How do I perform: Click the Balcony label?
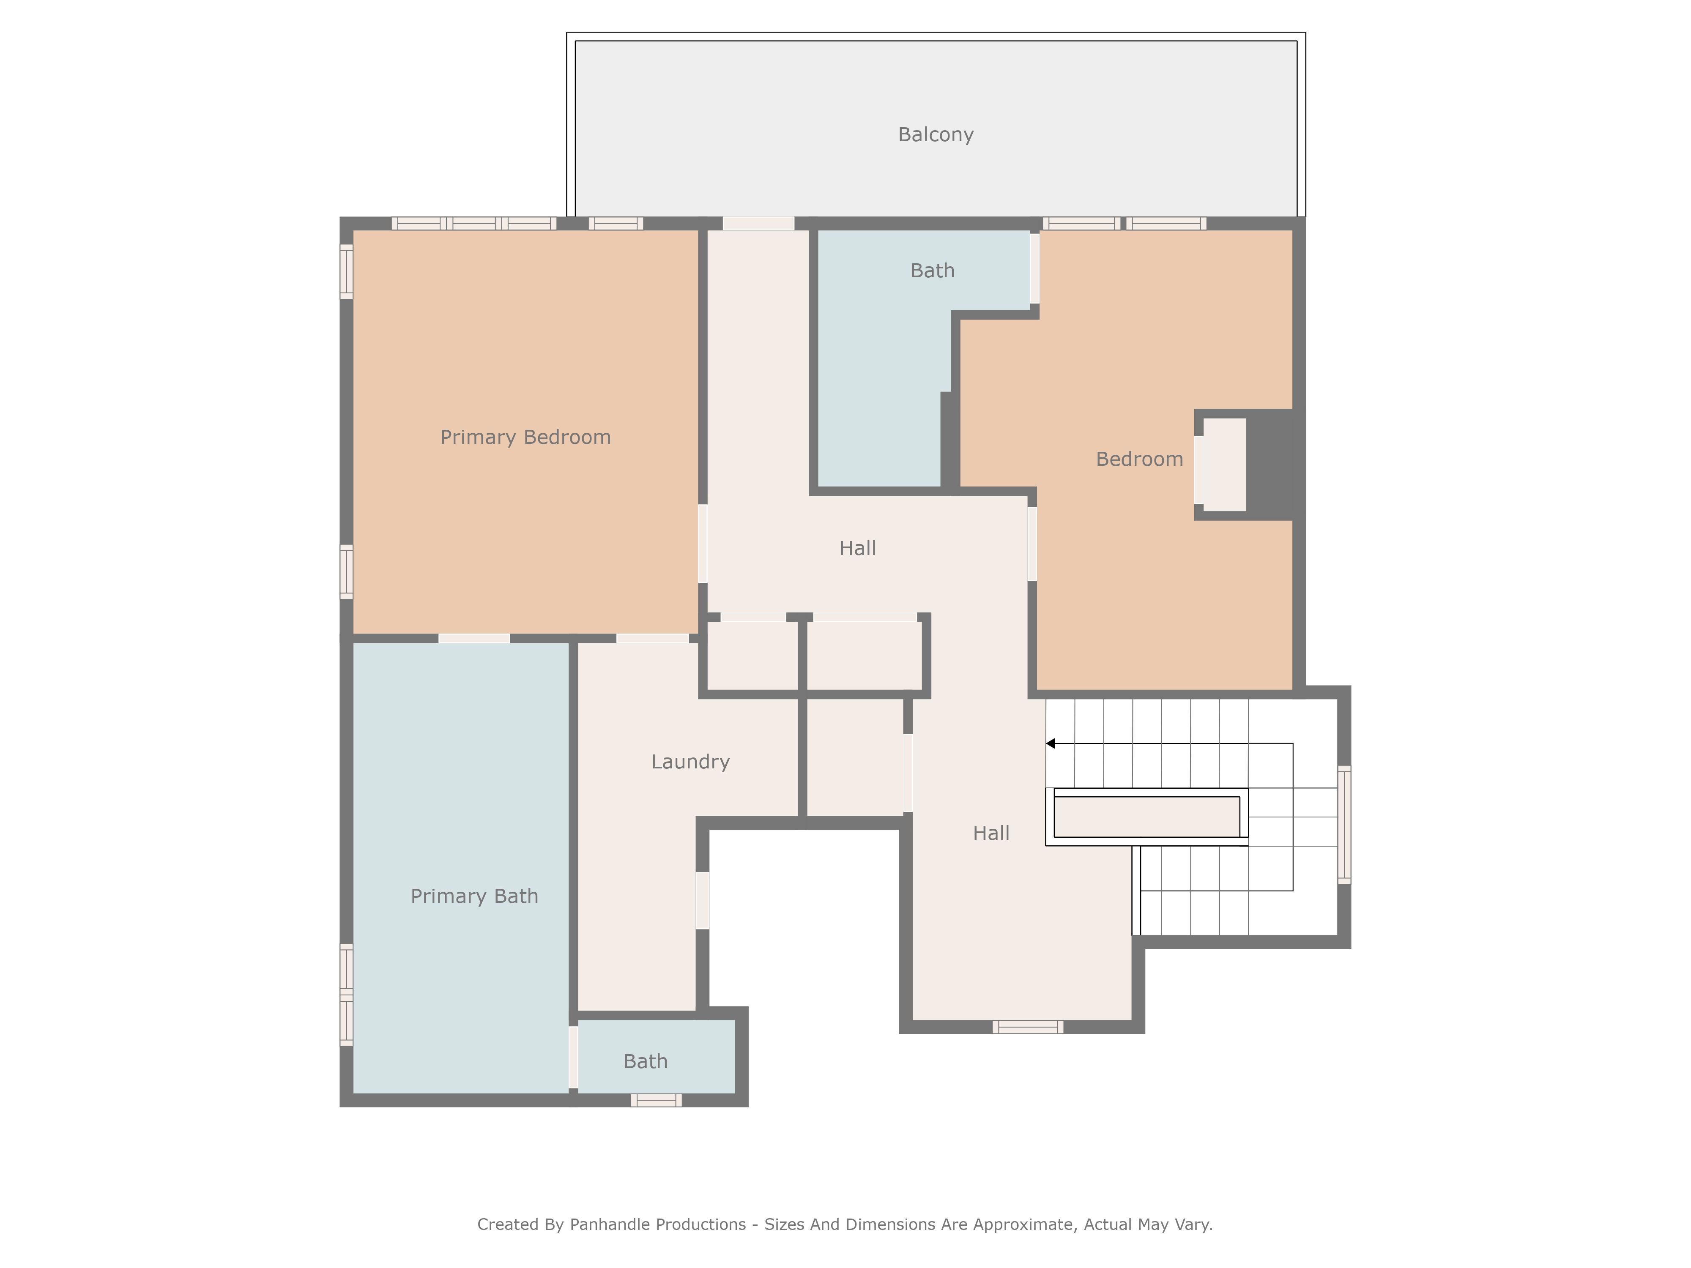pos(935,134)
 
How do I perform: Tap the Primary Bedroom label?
pos(525,437)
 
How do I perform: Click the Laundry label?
pos(690,762)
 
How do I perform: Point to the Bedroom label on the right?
pos(1139,459)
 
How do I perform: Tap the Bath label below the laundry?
pos(645,1062)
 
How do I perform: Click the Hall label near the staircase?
pos(991,833)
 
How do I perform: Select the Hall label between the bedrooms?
pos(857,548)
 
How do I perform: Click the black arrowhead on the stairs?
pos(1051,743)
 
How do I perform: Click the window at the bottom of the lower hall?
pos(1027,1027)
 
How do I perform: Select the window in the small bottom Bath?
pos(656,1101)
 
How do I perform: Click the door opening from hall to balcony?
pos(758,223)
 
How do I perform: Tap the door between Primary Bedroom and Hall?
pos(703,544)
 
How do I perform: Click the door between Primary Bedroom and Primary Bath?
pos(474,638)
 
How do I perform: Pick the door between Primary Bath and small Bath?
pos(573,1057)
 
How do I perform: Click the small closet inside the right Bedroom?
pos(1225,465)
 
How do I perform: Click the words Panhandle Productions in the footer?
pos(657,1224)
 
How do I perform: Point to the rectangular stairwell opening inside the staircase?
pos(1146,817)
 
